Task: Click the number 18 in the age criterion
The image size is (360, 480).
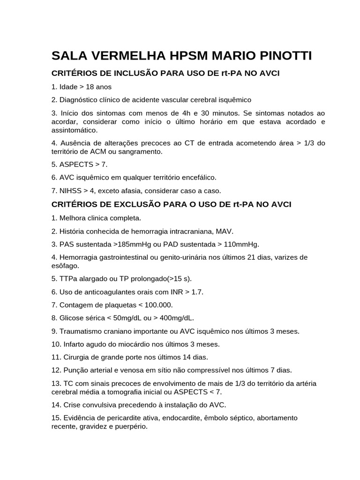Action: click(x=90, y=87)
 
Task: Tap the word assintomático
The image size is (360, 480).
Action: click(x=74, y=130)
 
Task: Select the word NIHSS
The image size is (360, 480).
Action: click(x=69, y=191)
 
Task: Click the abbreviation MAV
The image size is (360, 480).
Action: click(x=225, y=231)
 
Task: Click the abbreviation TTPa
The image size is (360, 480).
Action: click(x=69, y=278)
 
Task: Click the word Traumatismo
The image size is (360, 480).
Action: click(x=82, y=331)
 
